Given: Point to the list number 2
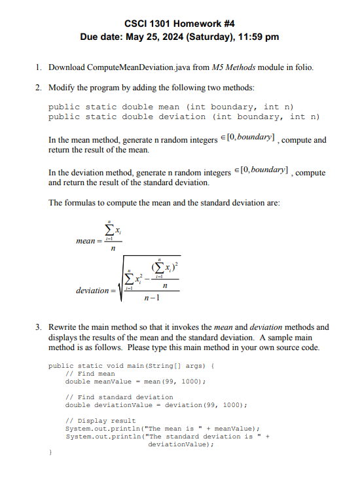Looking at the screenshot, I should tap(39, 87).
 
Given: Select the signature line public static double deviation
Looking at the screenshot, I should tap(184, 116).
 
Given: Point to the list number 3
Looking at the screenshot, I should tap(39, 327).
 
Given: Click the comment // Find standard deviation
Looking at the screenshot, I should tap(120, 397).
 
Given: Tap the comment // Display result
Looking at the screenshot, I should tap(101, 421).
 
